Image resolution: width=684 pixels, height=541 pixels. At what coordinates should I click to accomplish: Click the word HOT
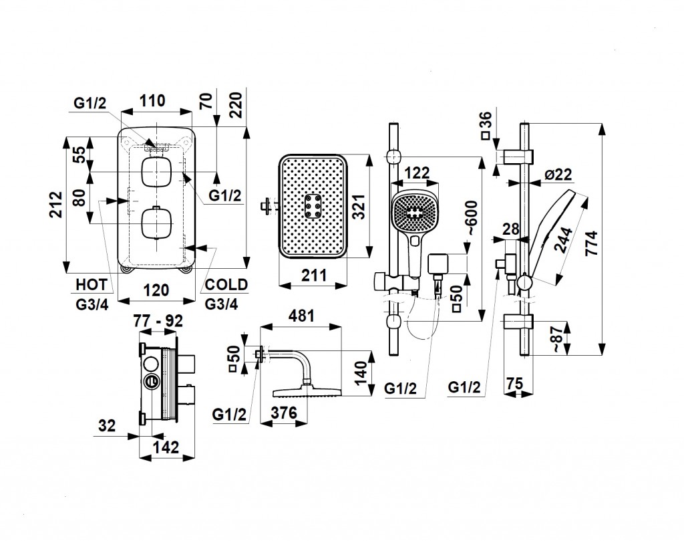(90, 285)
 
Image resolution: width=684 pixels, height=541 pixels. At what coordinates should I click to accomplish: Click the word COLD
(226, 285)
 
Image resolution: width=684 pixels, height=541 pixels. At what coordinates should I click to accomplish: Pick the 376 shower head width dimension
(284, 414)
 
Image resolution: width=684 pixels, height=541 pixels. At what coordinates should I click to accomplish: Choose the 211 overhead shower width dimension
(314, 275)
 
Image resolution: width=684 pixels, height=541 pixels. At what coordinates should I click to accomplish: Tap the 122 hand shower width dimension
(417, 173)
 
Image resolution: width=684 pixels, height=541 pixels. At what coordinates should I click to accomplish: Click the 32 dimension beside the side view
(107, 425)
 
